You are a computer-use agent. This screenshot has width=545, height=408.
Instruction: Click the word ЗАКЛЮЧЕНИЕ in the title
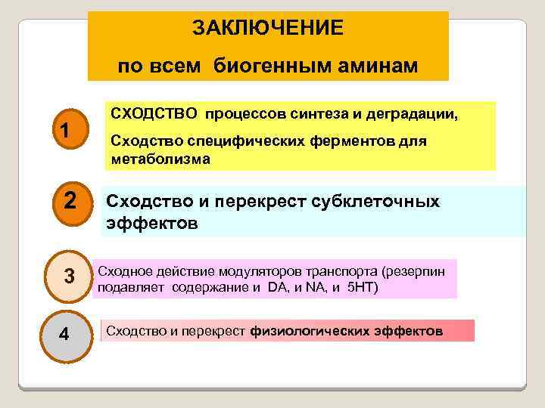pos(267,29)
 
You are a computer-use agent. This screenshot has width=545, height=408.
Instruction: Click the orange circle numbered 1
pos(66,131)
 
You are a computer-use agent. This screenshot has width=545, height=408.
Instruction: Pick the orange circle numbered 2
pos(69,202)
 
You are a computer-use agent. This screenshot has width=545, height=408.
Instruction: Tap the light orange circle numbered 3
pos(69,277)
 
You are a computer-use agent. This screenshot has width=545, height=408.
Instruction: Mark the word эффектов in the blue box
pos(151,224)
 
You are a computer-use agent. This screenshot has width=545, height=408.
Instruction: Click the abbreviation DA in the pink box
pos(278,288)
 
